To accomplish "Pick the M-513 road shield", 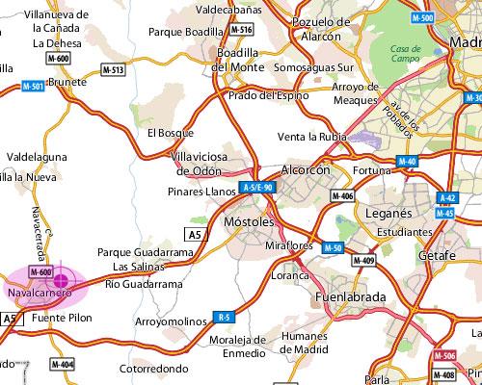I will point(114,70).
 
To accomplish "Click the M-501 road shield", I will point(32,87).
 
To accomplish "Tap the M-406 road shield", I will point(342,196).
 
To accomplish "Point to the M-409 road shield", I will point(363,260).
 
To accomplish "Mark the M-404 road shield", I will point(62,365).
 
